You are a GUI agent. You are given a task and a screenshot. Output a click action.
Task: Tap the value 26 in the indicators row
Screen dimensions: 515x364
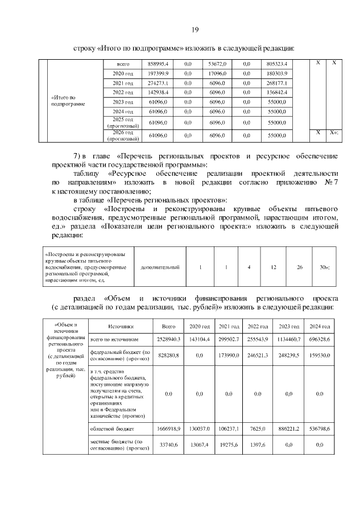pos(300,267)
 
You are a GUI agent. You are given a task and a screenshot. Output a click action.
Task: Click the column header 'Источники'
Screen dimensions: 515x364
pos(119,327)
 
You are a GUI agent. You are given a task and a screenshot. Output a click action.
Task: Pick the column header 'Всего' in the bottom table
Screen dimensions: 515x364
pos(168,327)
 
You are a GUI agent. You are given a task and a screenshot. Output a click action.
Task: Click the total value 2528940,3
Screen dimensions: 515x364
pos(168,339)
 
